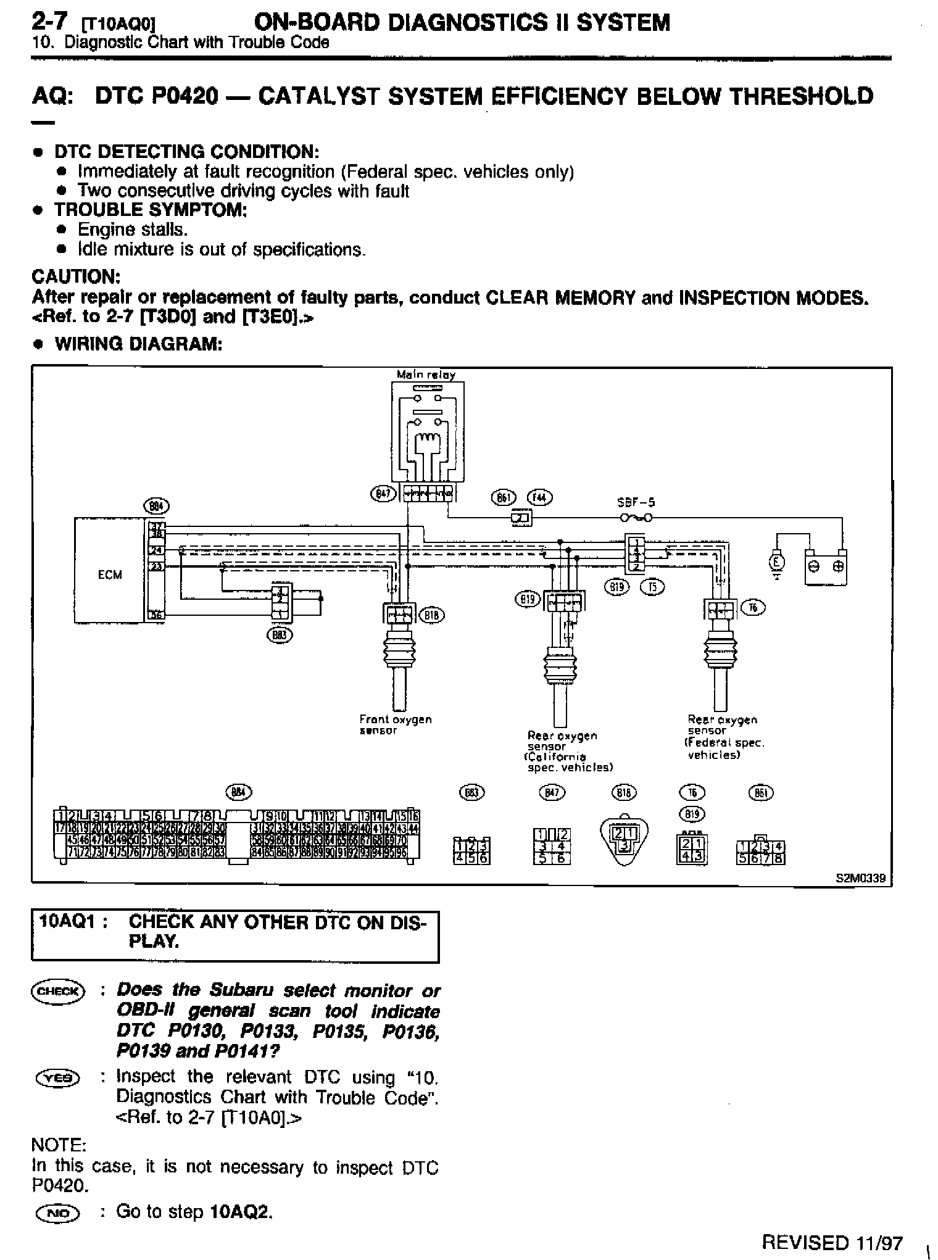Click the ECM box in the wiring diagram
[110, 574]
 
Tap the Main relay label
[426, 375]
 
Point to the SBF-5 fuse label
[636, 503]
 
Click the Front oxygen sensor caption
[396, 724]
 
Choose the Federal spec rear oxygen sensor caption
[726, 737]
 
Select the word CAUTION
[75, 276]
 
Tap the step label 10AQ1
[69, 922]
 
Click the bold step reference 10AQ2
[241, 1212]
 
